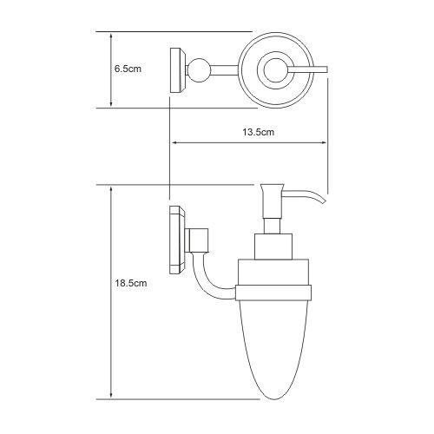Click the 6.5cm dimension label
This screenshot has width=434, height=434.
[128, 69]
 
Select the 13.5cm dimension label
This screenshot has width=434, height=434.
[258, 132]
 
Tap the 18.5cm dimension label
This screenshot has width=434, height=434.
[131, 283]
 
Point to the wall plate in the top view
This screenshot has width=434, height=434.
[178, 70]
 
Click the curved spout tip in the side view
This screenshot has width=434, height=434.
[323, 201]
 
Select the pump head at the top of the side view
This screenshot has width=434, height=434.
[273, 201]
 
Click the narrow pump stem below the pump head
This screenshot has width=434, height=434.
[273, 226]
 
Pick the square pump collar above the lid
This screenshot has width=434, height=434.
[273, 247]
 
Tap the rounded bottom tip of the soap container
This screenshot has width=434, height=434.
[274, 398]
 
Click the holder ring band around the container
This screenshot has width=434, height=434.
[273, 293]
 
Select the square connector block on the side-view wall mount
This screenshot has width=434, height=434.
[199, 240]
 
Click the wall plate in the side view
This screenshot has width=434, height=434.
[178, 240]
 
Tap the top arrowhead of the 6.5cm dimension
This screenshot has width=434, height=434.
[111, 36]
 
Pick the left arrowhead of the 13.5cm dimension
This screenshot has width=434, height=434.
[174, 142]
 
